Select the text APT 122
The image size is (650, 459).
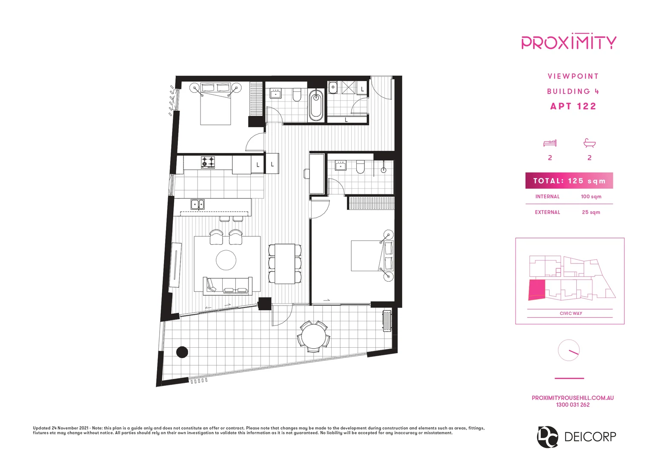(573, 106)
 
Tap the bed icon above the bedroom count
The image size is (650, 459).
(550, 143)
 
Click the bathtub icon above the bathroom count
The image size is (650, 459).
(590, 143)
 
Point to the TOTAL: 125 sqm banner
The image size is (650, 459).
(569, 181)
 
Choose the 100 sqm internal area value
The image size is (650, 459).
(591, 197)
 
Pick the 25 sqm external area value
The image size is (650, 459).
(591, 212)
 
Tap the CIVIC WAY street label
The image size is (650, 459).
(570, 314)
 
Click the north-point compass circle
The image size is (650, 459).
(569, 350)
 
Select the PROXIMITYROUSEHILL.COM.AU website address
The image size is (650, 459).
(573, 398)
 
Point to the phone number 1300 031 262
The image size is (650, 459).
(573, 405)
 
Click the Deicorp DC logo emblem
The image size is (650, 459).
(547, 436)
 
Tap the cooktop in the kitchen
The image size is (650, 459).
(208, 162)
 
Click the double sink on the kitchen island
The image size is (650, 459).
(197, 204)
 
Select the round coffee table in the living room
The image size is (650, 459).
(226, 260)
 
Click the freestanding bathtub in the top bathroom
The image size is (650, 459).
(316, 105)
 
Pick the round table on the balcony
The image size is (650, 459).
(314, 336)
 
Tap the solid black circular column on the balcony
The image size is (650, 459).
(182, 352)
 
